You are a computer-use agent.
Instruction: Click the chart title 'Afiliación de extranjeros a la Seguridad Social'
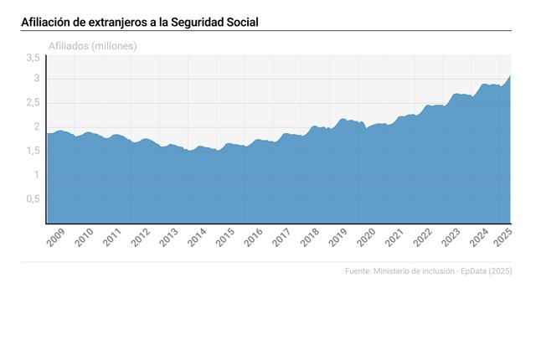[x=140, y=21]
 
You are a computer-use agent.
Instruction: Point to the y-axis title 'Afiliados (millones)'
[x=93, y=45]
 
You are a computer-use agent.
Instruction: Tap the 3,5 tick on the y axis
[x=33, y=58]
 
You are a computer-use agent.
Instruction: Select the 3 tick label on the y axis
[x=37, y=79]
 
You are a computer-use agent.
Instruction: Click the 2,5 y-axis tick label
[x=33, y=103]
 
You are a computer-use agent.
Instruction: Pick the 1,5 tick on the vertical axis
[x=33, y=151]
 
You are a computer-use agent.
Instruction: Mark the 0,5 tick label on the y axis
[x=33, y=199]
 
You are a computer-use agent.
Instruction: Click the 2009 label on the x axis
[x=56, y=238]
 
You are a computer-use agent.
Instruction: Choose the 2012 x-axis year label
[x=141, y=238]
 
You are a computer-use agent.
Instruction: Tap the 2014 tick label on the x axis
[x=198, y=238]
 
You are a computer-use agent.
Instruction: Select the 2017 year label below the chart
[x=282, y=238]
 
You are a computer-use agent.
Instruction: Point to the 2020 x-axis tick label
[x=367, y=238]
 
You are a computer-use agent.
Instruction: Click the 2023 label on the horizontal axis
[x=451, y=238]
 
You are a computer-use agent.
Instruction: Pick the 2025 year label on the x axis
[x=504, y=238]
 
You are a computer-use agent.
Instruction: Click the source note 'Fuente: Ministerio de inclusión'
[x=405, y=271]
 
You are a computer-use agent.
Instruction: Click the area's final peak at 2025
[x=510, y=76]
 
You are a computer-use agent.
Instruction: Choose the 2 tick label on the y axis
[x=37, y=127]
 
